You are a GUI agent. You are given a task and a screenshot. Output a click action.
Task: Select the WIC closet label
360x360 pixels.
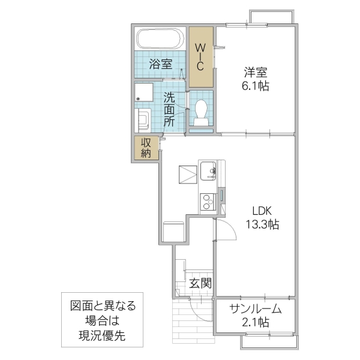[x=202, y=57]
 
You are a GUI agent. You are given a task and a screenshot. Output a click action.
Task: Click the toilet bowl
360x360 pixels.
[x=201, y=111]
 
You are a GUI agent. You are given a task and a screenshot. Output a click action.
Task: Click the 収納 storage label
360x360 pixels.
[x=146, y=148]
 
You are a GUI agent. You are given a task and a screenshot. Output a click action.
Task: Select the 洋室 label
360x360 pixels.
[x=256, y=73]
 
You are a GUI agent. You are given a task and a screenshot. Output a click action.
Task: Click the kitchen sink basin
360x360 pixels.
[x=209, y=170]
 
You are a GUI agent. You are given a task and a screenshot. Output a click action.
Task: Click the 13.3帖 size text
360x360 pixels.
[x=262, y=225]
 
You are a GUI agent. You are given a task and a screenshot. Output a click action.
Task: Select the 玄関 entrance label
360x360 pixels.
[x=200, y=283]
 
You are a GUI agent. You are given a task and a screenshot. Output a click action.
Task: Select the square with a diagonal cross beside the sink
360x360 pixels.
[x=187, y=175]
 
